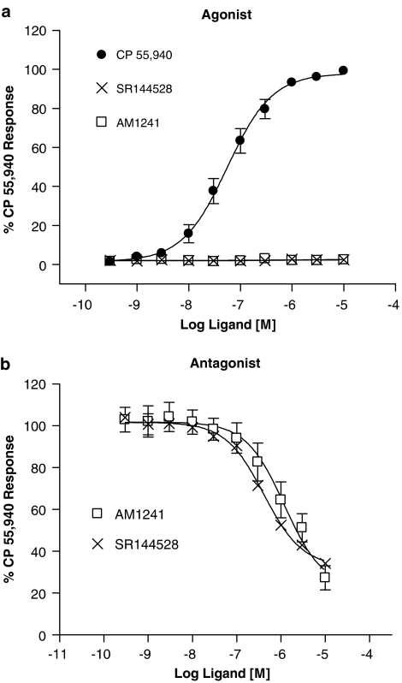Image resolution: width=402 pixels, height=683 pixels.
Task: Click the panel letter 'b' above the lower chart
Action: coord(6,363)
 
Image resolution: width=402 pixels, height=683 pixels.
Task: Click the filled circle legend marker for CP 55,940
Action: coord(101,55)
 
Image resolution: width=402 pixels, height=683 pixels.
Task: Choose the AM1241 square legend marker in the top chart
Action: coord(101,122)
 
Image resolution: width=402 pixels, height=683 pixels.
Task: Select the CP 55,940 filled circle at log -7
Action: coord(239,140)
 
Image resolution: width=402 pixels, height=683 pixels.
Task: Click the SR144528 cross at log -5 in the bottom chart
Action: coord(325,563)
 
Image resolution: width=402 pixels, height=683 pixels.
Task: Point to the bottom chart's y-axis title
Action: coord(12,507)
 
